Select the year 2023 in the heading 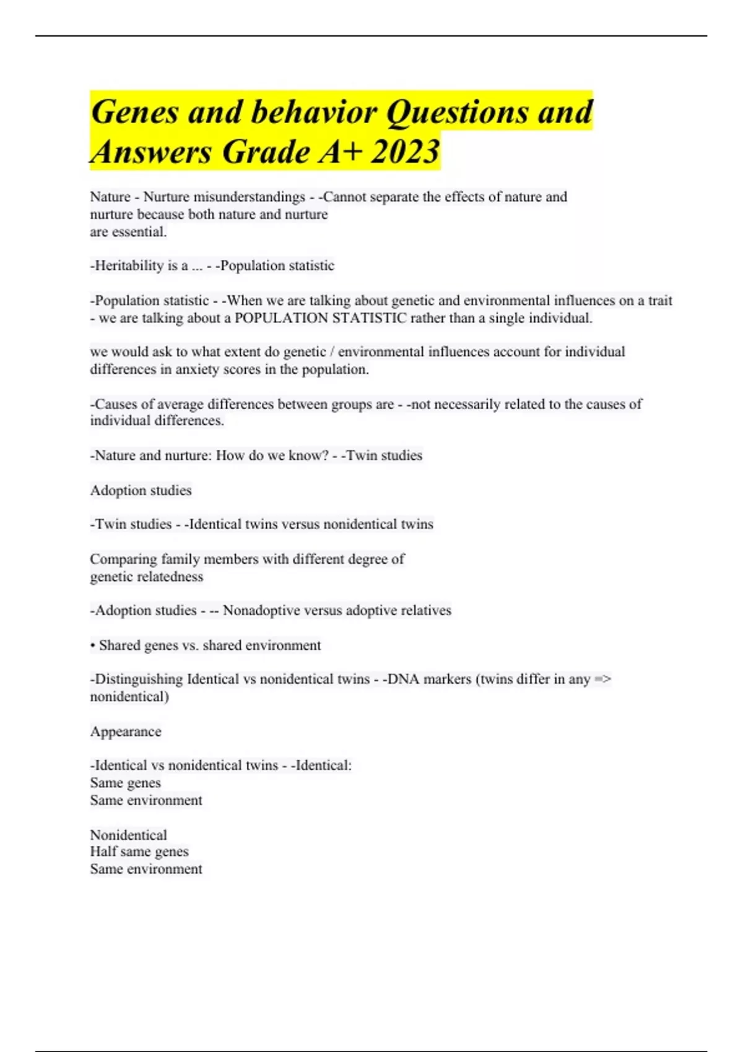[x=406, y=152]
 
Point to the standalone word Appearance [x=126, y=731]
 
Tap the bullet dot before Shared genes [x=92, y=646]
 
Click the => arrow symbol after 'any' [x=602, y=679]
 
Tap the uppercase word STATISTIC [x=370, y=318]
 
